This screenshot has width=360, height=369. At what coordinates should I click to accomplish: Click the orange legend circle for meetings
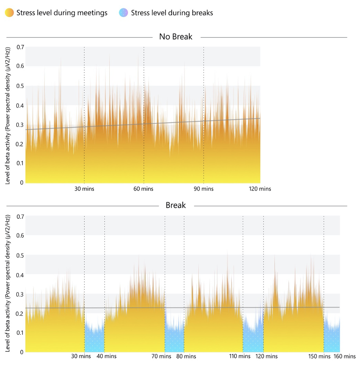click(x=9, y=13)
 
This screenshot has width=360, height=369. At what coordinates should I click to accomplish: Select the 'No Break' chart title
click(x=176, y=37)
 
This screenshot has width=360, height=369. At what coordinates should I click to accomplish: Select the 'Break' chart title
click(x=176, y=205)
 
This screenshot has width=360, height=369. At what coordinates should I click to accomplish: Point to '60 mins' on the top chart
click(x=143, y=189)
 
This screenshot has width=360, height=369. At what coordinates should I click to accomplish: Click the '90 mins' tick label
click(x=203, y=189)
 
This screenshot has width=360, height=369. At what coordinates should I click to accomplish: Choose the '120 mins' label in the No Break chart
click(x=260, y=189)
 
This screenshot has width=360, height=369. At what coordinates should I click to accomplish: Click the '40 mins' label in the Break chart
click(x=107, y=357)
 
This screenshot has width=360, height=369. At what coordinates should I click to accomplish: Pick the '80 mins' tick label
click(x=187, y=357)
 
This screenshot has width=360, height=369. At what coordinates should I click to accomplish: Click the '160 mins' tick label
click(x=345, y=357)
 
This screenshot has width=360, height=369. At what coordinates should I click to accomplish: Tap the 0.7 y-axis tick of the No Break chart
click(x=20, y=47)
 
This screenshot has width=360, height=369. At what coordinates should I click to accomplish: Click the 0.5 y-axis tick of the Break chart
click(x=20, y=255)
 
